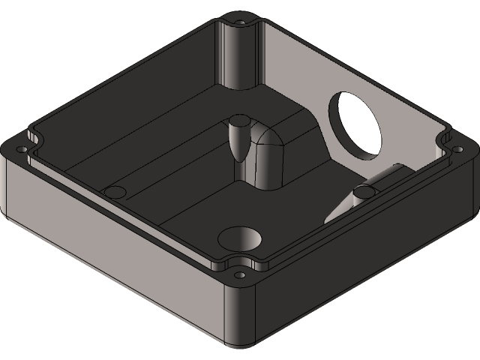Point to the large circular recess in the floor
coord(240,239)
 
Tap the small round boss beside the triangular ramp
coord(364,193)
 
